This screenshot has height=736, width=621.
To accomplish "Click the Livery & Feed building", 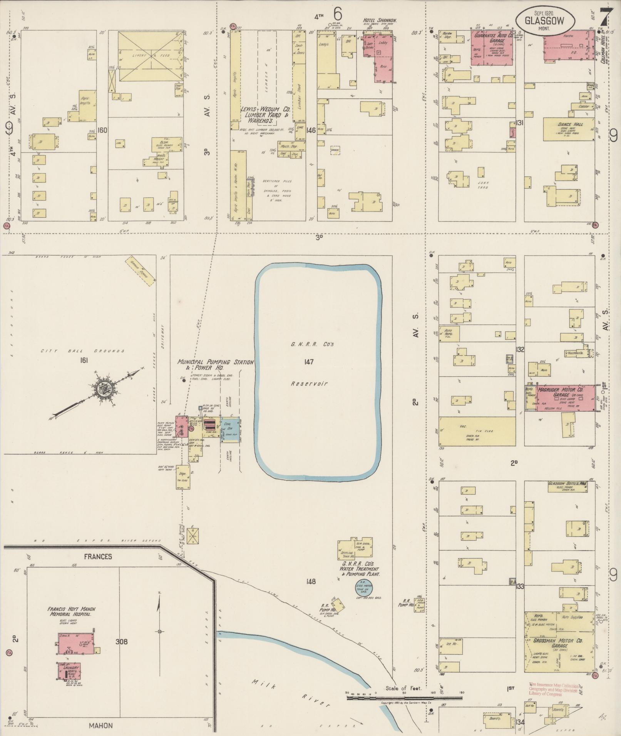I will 151,56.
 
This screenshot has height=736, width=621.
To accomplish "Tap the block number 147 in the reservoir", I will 309,362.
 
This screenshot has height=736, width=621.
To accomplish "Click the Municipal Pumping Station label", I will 216,364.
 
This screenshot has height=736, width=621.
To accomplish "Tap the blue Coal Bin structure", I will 230,429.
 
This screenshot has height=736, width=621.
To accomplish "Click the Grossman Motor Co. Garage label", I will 558,643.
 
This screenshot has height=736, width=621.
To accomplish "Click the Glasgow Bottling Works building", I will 567,487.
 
